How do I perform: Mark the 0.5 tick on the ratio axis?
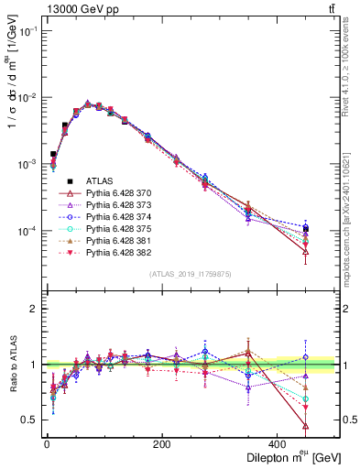tap(33, 420)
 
